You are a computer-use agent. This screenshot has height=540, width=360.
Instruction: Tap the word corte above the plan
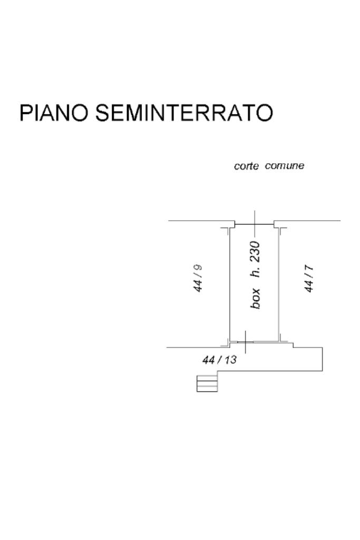246,166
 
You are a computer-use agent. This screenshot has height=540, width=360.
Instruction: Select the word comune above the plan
285,166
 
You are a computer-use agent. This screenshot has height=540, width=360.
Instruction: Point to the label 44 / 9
198,278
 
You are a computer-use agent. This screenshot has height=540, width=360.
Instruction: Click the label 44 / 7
310,278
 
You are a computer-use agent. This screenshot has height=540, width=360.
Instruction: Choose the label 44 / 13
220,360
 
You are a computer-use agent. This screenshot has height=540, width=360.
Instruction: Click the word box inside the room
256,298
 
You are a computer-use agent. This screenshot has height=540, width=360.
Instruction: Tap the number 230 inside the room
256,251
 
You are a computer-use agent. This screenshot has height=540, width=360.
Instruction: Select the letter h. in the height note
256,273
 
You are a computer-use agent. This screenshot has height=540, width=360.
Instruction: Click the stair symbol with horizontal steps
207,383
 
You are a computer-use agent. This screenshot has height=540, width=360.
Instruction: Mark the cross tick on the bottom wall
246,343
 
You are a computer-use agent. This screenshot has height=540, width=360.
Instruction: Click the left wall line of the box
229,284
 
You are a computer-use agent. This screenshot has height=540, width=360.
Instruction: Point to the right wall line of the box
278,284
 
